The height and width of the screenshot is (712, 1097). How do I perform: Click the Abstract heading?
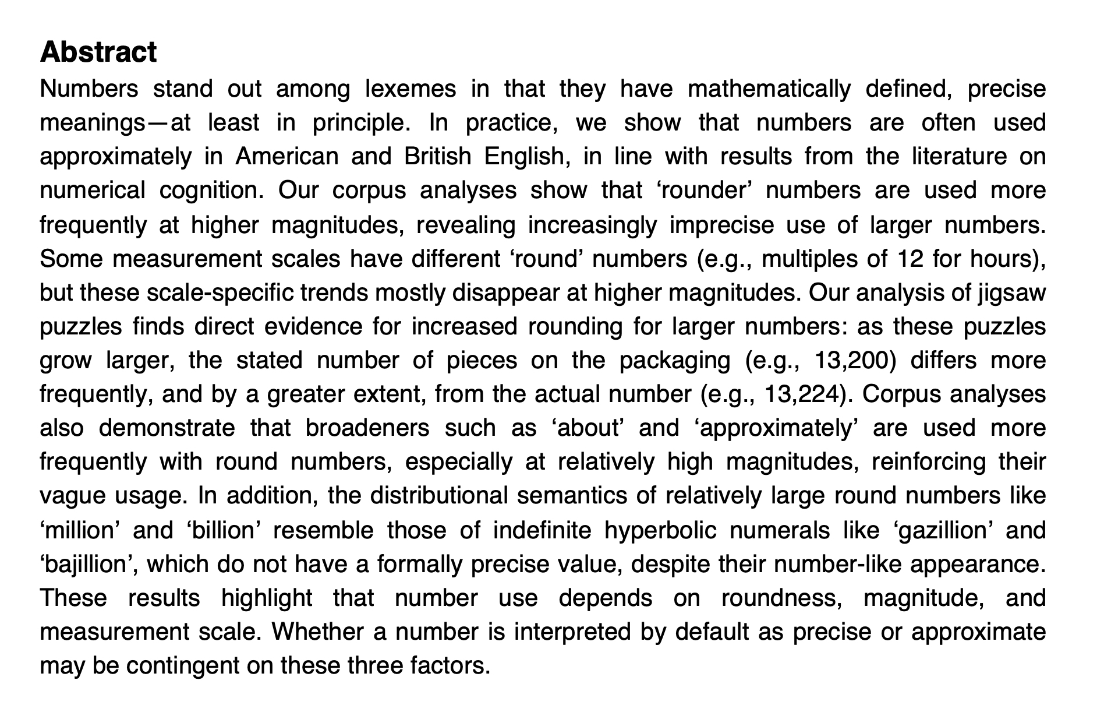point(98,52)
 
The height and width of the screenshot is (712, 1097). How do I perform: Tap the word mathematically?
point(769,89)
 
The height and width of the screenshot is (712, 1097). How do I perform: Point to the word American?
point(286,157)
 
